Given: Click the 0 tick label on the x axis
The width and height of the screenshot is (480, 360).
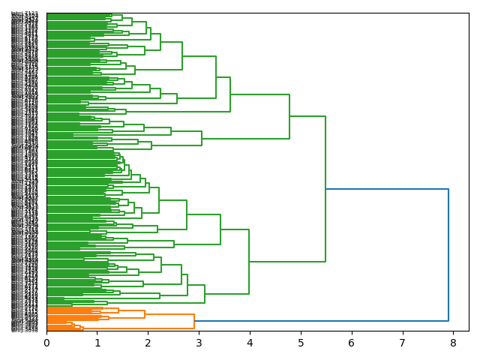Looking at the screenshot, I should [x=46, y=343].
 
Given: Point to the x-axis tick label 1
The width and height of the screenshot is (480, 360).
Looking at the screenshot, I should [x=97, y=343].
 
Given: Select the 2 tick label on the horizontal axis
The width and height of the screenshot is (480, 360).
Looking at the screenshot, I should [x=148, y=343].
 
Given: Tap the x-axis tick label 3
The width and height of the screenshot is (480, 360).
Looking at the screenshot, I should [x=199, y=343].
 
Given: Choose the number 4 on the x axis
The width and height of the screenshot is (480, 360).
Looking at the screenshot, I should [x=250, y=343].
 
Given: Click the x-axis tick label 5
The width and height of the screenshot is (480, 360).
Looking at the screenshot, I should [x=301, y=343].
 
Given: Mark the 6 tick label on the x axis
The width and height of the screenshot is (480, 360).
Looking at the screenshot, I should [x=352, y=343].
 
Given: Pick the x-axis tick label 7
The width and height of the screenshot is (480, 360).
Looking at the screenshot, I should [x=403, y=343].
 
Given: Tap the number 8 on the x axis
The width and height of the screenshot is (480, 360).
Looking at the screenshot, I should [x=453, y=343].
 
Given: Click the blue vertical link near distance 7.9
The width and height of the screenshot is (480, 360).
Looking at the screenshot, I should [x=448, y=255].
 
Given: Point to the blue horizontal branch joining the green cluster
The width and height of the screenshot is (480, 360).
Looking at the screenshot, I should [x=387, y=189].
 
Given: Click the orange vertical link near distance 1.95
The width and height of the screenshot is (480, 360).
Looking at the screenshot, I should [x=145, y=314].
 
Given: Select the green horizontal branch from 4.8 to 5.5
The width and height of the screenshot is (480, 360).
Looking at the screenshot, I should [x=307, y=116].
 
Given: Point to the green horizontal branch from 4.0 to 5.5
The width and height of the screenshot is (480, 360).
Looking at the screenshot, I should [x=287, y=262].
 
